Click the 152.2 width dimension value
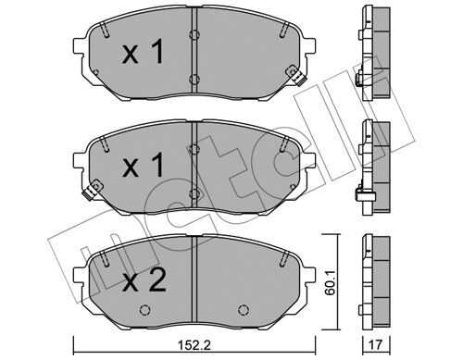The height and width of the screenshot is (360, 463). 194,345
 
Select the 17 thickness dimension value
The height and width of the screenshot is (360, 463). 376,345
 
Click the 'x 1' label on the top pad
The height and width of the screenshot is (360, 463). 143,53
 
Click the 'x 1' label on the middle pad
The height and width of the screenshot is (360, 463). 143,166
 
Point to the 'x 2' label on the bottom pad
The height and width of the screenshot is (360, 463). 144,279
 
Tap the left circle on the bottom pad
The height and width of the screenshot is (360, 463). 145,310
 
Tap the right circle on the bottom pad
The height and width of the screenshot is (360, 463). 244,310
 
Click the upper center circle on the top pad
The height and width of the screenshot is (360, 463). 194,34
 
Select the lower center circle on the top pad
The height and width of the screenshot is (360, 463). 194,79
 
